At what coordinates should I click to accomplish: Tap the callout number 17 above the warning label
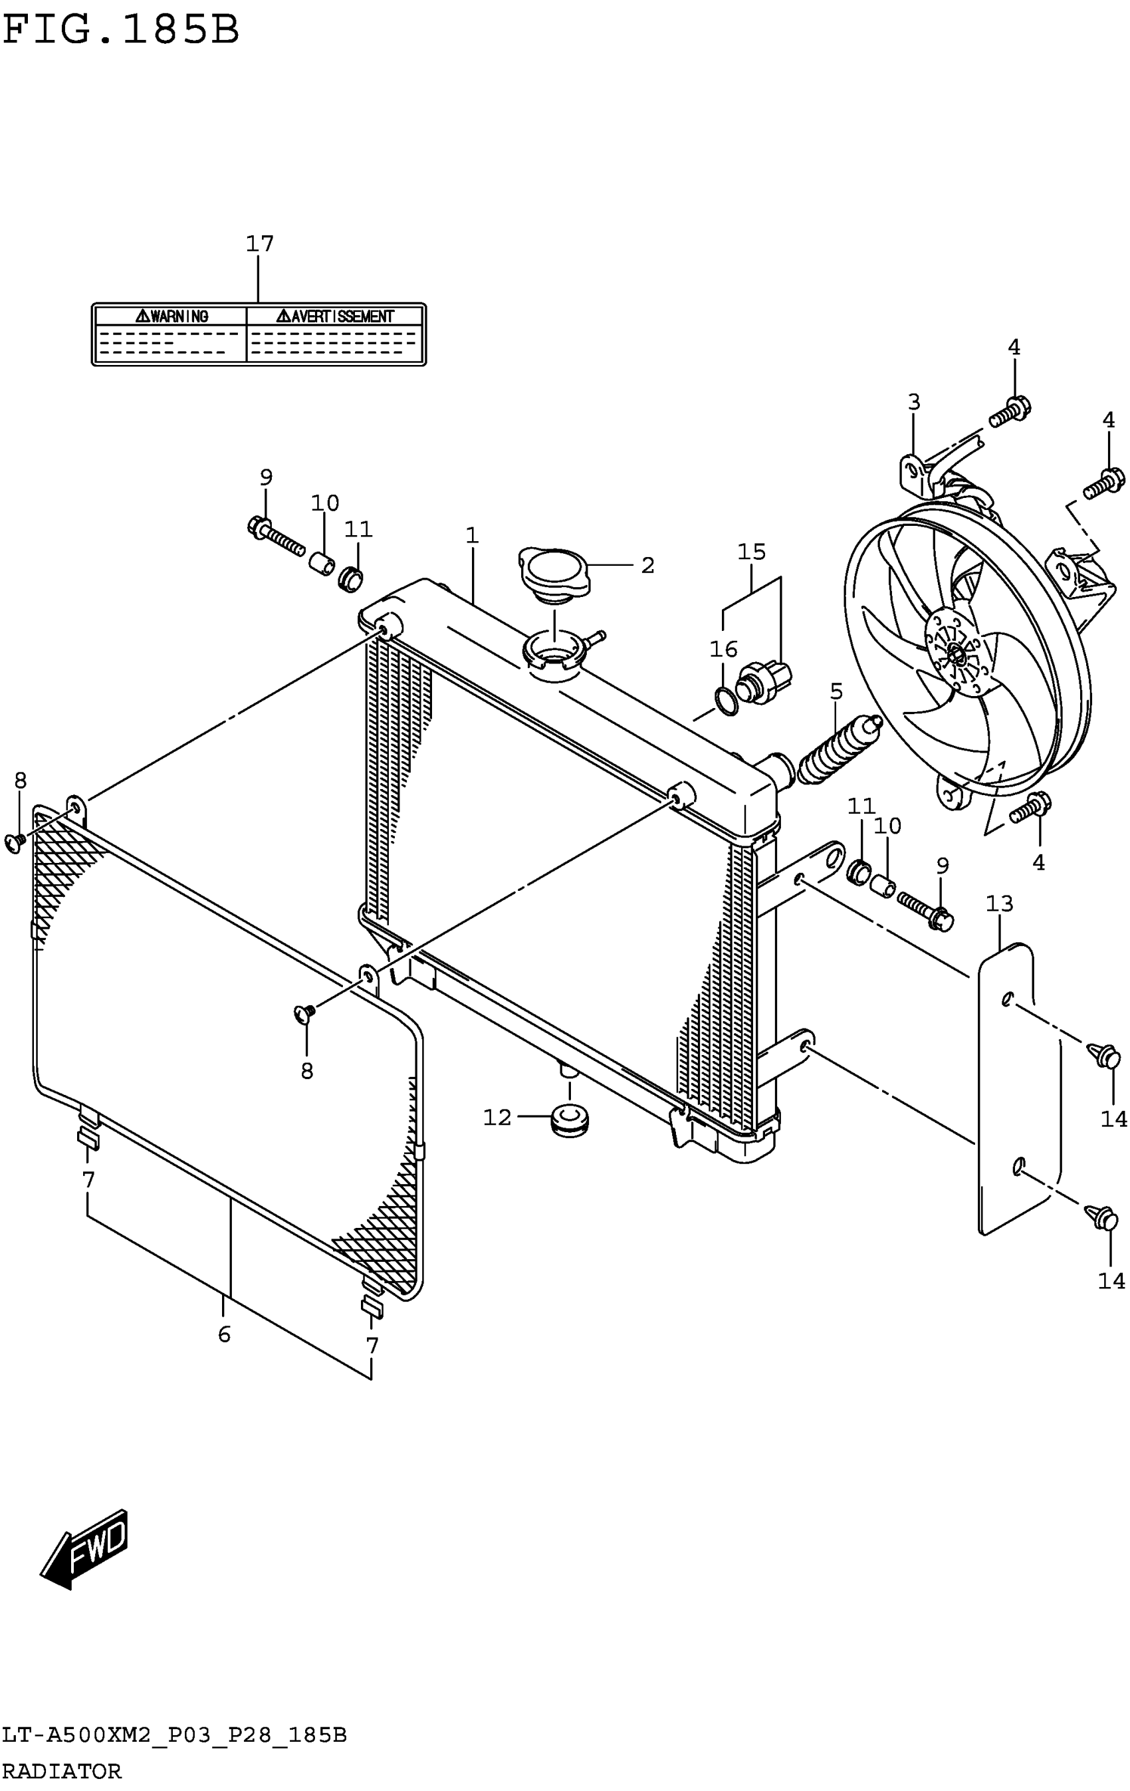(x=259, y=243)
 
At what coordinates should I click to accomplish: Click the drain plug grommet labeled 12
(x=570, y=1120)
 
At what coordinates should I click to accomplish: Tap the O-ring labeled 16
(x=726, y=699)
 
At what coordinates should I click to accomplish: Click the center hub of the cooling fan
(x=956, y=654)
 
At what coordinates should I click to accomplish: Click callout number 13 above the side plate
(x=999, y=903)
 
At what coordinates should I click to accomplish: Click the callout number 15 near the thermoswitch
(x=752, y=552)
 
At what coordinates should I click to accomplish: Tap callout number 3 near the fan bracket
(x=914, y=402)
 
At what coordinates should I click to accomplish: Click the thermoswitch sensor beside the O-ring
(x=764, y=678)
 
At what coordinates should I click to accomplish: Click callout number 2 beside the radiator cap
(x=647, y=565)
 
